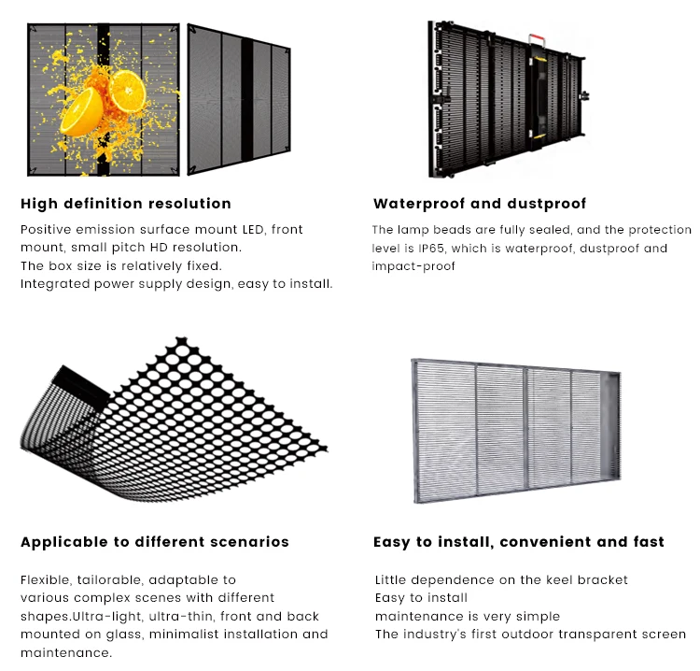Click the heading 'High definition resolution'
[x=126, y=204]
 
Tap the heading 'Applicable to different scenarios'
[x=155, y=542]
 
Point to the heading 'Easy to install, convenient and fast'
[x=519, y=542]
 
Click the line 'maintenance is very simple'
[x=468, y=617]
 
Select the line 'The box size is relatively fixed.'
[x=121, y=265]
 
